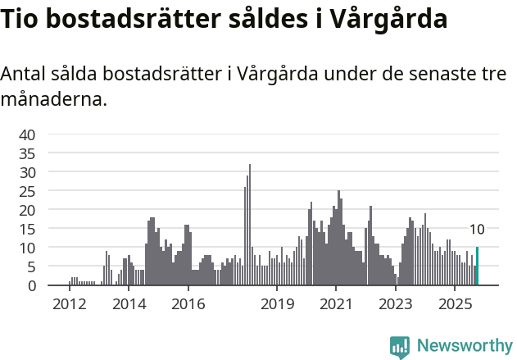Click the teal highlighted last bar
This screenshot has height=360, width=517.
[x=477, y=267]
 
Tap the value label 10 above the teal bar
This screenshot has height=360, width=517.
[x=477, y=230]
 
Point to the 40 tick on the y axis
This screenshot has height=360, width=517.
[x=27, y=134]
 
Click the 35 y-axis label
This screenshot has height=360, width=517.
[x=27, y=153]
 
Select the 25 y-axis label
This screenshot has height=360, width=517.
[x=27, y=191]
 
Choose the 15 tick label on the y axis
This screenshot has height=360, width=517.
[x=27, y=229]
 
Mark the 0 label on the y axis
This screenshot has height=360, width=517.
[x=31, y=285]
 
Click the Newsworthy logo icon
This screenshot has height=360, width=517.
[x=400, y=347]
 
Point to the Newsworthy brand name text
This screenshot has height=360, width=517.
[x=464, y=346]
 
